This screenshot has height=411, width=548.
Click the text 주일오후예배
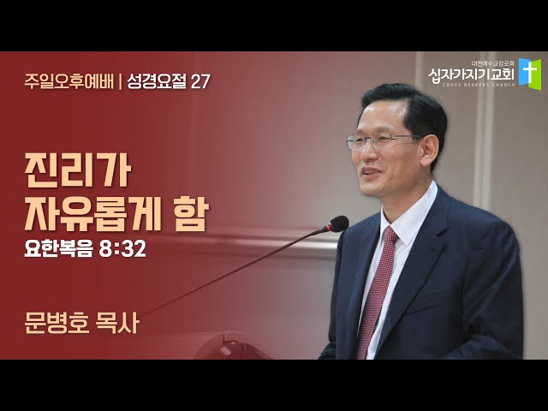[x=69, y=82]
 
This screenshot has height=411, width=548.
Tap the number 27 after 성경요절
[x=200, y=82]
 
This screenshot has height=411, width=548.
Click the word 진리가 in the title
[x=78, y=172]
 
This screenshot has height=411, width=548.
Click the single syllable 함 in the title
[x=192, y=213]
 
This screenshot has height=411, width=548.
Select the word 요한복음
[x=58, y=249]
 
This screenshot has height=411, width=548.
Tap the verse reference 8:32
[x=122, y=249]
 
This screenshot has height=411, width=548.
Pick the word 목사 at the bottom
[x=117, y=323]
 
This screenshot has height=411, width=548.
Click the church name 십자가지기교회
[x=471, y=74]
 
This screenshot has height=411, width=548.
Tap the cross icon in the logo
[x=530, y=74]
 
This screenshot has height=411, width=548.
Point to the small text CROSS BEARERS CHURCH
[x=479, y=85]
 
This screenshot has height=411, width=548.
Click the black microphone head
[x=337, y=223]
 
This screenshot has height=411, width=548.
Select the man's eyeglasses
[x=384, y=140]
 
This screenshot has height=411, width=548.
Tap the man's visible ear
[x=430, y=152]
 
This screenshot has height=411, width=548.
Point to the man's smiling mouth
[x=372, y=172]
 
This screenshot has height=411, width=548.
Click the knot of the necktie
[x=390, y=235]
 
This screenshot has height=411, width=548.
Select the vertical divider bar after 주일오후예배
[x=121, y=82]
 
